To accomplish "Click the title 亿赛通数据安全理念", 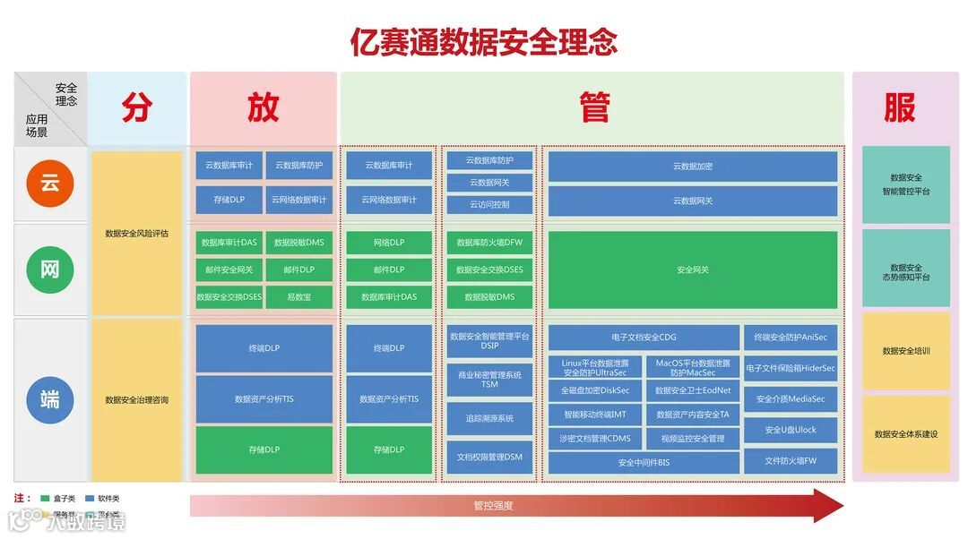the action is click(484, 41).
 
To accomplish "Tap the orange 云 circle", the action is click(50, 184).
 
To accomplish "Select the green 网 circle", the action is click(50, 267).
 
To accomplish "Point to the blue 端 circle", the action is click(50, 399).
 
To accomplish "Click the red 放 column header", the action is click(263, 107).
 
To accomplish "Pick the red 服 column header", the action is click(900, 107).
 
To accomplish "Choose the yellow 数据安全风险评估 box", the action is click(136, 233).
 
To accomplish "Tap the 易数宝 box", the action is click(299, 296).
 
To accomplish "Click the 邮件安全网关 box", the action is click(229, 269).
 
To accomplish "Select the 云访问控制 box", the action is click(489, 204).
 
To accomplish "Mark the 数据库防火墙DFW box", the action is click(489, 243).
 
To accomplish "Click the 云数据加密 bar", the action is click(693, 167).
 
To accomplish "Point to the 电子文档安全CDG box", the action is click(644, 338).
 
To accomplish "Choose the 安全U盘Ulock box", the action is click(791, 430).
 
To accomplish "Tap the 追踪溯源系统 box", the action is click(489, 418).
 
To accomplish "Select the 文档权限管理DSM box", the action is click(489, 458).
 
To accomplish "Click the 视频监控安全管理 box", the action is click(692, 439).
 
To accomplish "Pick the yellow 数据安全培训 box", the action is click(906, 351).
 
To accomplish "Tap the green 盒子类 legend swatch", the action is click(45, 499).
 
